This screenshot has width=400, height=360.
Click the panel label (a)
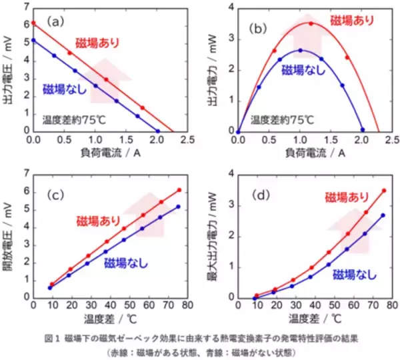pos(57,22)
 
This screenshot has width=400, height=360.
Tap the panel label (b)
pos(257,29)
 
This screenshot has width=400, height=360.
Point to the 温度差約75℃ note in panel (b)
pos(281,120)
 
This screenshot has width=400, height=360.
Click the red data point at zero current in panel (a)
pos(33,23)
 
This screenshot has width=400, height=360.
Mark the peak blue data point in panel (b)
pos(300,50)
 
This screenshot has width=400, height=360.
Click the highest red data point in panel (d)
pos(383,191)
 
